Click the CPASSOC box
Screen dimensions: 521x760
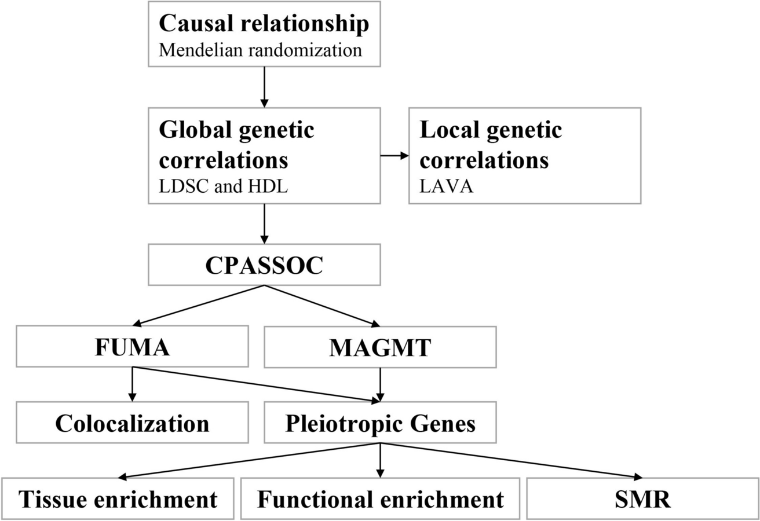[x=264, y=265]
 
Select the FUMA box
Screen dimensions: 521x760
[x=132, y=346]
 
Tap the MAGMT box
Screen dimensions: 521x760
[x=380, y=347]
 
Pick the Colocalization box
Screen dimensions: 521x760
[x=132, y=423]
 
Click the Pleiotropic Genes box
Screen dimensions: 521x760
[x=380, y=423]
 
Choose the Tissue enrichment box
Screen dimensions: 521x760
[x=118, y=498]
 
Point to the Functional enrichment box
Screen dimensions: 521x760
[x=380, y=498]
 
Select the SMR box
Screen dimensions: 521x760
[x=642, y=498]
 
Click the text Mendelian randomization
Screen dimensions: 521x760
[x=261, y=50]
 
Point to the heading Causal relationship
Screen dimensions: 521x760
[x=264, y=24]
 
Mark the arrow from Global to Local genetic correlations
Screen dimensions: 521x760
[x=394, y=156]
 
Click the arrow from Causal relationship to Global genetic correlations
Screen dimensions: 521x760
[x=264, y=87]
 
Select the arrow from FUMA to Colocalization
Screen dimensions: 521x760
[x=132, y=384]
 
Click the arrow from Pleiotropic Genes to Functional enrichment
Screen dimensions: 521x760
[x=380, y=460]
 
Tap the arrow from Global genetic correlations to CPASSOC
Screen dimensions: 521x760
[x=264, y=223]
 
